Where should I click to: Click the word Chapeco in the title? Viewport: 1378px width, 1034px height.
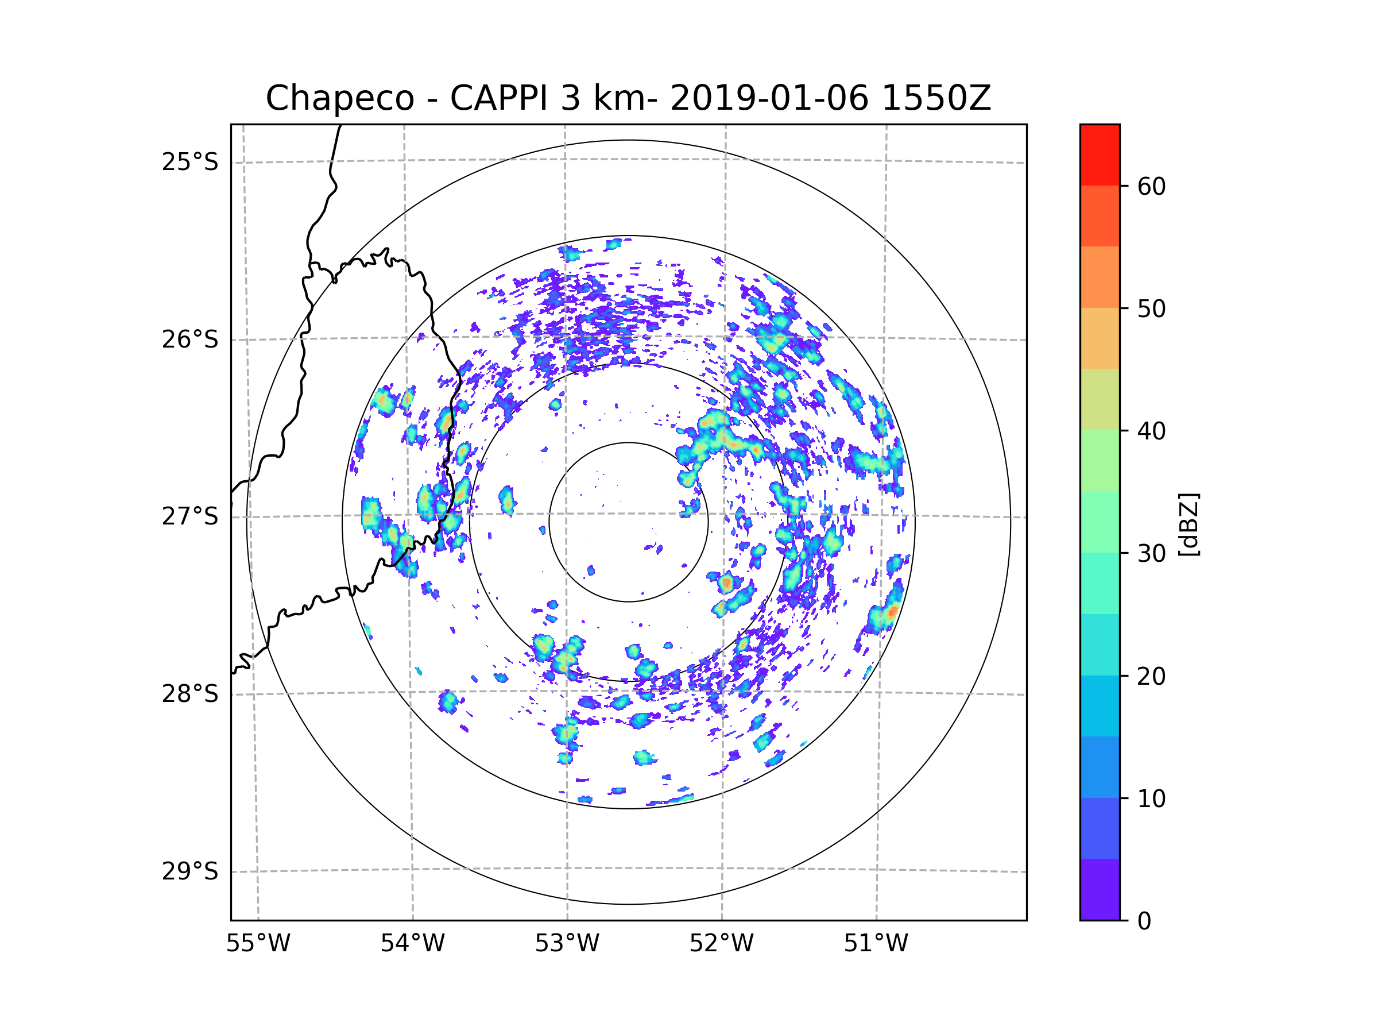tap(339, 98)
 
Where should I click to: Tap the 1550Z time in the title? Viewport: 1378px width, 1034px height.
tap(936, 98)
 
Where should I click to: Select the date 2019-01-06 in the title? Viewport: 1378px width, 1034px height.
tap(769, 98)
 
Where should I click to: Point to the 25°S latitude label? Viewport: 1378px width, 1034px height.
tap(190, 162)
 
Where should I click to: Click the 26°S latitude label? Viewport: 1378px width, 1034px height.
tap(190, 339)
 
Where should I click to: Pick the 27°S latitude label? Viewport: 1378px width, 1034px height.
tap(190, 516)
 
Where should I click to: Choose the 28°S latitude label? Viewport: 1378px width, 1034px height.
tap(190, 694)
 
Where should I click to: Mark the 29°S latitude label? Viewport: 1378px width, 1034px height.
tap(190, 871)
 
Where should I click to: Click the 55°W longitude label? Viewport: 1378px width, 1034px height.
tap(258, 944)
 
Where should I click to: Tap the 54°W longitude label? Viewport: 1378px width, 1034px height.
tap(412, 944)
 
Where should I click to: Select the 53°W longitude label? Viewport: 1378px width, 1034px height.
tap(567, 944)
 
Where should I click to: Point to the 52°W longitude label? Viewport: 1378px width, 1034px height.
tap(721, 944)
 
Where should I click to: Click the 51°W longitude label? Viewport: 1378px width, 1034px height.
tap(876, 944)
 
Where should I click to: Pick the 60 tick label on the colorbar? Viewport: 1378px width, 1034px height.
tap(1151, 186)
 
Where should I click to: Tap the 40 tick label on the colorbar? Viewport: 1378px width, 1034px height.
tap(1151, 431)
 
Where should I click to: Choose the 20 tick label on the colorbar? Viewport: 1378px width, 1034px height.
tap(1151, 676)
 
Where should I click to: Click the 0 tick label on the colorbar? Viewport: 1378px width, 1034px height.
tap(1144, 921)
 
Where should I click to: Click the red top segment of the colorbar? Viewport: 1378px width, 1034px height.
tap(1100, 155)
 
